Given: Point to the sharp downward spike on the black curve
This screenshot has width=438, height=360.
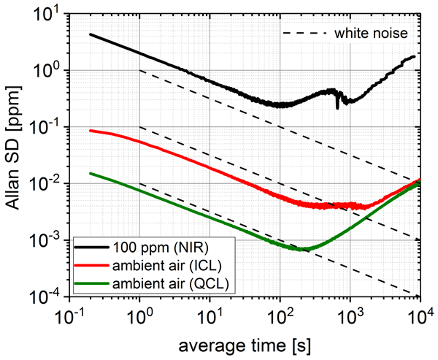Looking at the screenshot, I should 337,107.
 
